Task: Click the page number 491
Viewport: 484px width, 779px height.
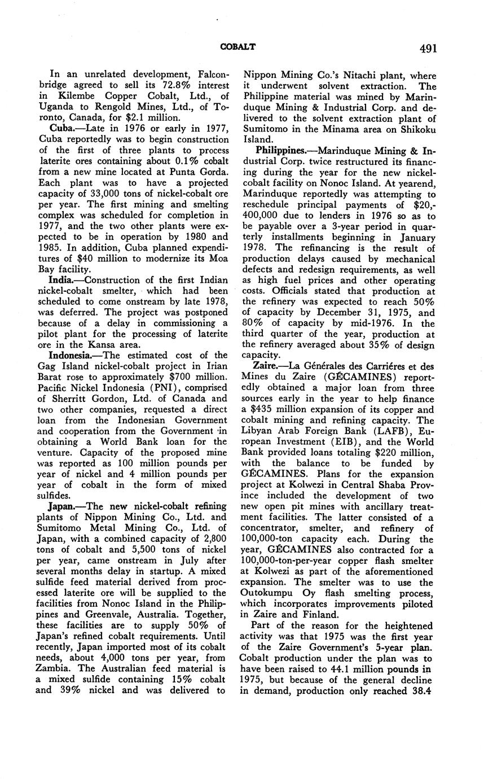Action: [x=428, y=49]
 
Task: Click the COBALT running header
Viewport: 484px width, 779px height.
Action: [x=237, y=47]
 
